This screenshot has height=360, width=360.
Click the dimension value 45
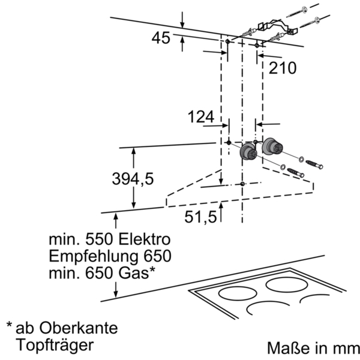(161, 38)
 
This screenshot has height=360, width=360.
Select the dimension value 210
(283, 68)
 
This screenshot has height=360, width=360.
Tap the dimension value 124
(201, 116)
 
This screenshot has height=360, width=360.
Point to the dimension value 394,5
(133, 179)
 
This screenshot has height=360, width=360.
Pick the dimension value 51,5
(200, 217)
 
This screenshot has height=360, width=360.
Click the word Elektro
(145, 239)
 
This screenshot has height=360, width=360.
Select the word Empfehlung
(94, 256)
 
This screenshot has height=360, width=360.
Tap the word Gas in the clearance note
(134, 273)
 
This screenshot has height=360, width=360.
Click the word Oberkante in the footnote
(79, 328)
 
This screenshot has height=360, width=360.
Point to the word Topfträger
(55, 346)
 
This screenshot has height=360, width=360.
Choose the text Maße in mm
(313, 348)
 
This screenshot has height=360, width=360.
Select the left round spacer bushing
(248, 151)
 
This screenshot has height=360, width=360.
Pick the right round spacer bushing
(272, 146)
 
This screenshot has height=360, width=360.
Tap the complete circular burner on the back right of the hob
(287, 284)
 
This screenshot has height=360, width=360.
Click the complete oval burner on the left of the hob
(238, 293)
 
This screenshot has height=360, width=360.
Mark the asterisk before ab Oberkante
(9, 325)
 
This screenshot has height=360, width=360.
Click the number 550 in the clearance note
(99, 239)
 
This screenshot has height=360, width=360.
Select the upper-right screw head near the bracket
(318, 20)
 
